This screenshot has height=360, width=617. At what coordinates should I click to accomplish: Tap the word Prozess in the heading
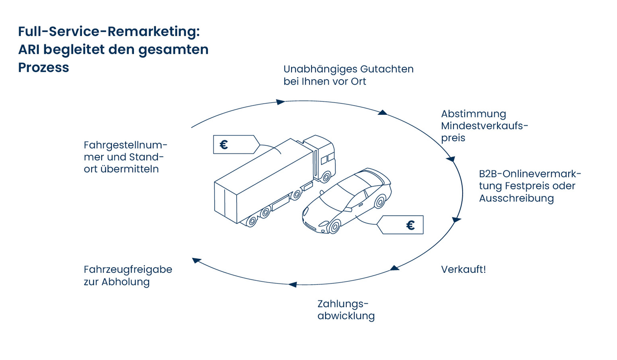[43, 68]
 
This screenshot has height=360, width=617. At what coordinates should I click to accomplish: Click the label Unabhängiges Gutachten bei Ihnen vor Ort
[348, 75]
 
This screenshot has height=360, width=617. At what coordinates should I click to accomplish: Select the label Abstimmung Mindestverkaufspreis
[484, 126]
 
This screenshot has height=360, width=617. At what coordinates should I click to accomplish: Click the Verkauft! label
[463, 270]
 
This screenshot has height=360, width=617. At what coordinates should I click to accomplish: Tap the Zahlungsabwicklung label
[346, 310]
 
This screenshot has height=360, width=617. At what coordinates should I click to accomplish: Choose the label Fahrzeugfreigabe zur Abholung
[128, 275]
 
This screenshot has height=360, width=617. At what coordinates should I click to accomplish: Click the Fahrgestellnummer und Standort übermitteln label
[125, 157]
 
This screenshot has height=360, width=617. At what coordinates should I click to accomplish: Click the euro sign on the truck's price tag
[224, 145]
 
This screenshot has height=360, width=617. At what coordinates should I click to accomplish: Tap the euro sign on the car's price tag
[410, 226]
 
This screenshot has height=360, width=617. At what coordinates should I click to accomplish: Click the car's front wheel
[335, 227]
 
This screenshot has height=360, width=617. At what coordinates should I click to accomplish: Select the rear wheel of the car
[380, 201]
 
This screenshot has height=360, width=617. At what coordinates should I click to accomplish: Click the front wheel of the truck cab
[326, 177]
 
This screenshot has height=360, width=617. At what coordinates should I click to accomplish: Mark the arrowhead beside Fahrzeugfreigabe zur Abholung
[196, 260]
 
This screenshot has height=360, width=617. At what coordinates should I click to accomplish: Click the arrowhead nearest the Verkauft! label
[394, 268]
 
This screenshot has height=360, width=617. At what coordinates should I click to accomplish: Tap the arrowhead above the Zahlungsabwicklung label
[293, 285]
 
